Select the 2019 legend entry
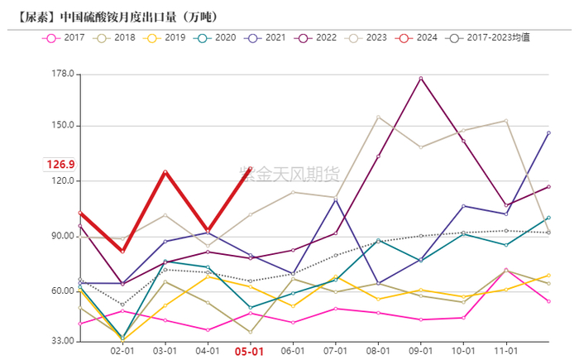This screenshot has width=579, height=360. [165, 38]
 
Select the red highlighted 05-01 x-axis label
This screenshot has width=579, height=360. [250, 352]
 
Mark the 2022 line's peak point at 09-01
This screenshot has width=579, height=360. [421, 79]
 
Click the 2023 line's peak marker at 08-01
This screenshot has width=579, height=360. [378, 117]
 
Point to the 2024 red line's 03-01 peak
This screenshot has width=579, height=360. [165, 171]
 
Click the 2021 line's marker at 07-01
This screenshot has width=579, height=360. [336, 199]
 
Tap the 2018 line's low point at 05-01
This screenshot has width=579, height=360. [250, 332]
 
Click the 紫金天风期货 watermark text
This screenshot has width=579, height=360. [289, 174]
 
